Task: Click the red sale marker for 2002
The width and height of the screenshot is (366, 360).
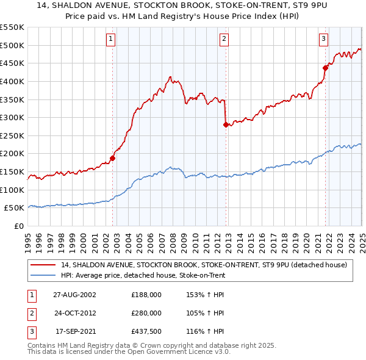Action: (x=113, y=158)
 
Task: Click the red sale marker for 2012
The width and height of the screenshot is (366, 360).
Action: (x=226, y=124)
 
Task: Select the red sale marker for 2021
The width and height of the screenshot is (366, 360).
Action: (x=326, y=68)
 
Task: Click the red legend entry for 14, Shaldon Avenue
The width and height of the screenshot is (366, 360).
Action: (x=204, y=265)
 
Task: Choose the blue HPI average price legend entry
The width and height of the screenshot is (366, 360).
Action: (x=143, y=276)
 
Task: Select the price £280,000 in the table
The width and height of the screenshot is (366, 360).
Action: (x=146, y=313)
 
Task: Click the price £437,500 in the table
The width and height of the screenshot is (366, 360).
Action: (x=146, y=331)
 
